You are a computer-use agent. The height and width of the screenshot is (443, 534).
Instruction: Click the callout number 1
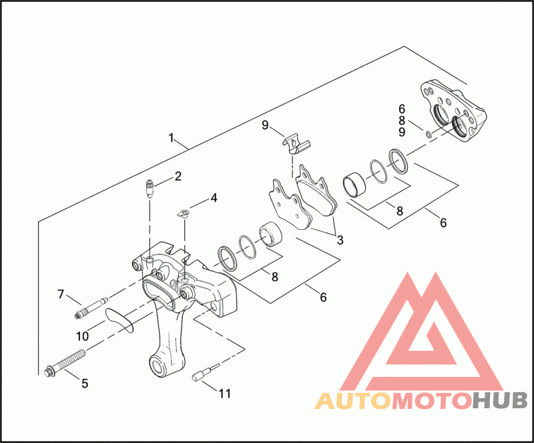click(172, 138)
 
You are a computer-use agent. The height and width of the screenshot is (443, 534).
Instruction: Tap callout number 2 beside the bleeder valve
click(178, 176)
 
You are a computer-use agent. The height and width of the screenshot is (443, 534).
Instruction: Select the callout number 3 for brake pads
click(340, 239)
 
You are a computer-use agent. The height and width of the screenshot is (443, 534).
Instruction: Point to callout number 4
click(214, 198)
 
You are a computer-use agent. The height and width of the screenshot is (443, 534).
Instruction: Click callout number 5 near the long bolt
click(85, 383)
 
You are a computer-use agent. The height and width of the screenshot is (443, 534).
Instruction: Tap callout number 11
click(225, 394)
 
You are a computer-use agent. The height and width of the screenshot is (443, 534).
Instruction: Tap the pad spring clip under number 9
click(294, 143)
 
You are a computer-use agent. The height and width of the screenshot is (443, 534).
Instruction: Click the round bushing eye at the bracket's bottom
click(161, 366)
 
